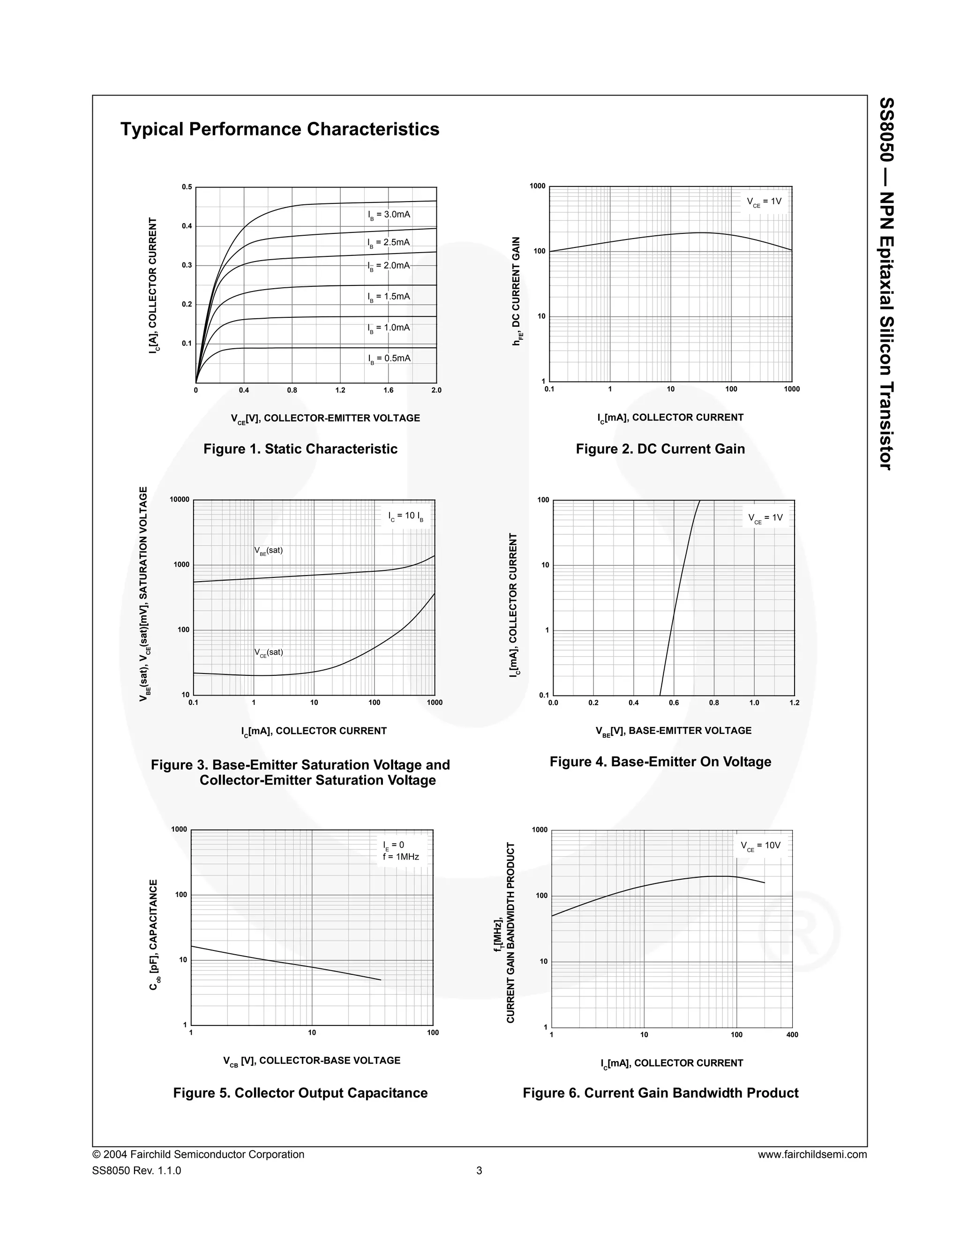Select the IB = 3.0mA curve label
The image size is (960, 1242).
point(389,215)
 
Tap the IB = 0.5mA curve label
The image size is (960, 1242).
point(389,359)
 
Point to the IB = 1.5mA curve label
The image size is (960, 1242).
point(389,297)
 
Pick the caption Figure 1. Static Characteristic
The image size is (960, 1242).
point(300,449)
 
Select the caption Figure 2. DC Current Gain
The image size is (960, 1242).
point(660,449)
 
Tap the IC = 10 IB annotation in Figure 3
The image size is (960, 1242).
point(405,516)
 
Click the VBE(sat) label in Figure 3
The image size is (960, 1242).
point(269,551)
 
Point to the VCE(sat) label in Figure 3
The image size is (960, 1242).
point(269,652)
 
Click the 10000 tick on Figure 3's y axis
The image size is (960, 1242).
point(179,500)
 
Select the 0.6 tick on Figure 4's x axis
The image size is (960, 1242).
point(674,703)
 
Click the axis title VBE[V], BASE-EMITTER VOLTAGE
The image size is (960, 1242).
point(674,731)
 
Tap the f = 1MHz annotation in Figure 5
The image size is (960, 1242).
point(401,857)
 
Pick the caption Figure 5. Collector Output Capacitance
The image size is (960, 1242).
point(300,1093)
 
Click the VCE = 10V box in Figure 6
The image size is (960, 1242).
point(760,846)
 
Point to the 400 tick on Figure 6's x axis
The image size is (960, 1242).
point(792,1035)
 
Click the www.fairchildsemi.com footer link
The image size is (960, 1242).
point(812,1154)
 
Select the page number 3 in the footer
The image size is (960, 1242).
point(480,1171)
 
